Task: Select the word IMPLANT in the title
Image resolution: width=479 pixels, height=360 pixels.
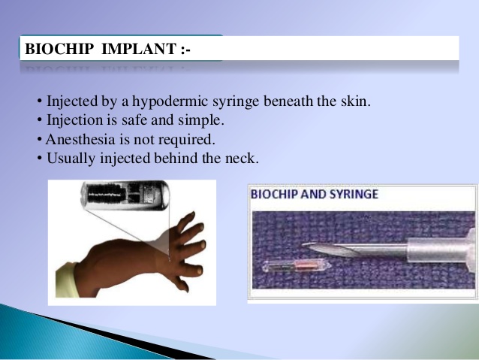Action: tap(135, 50)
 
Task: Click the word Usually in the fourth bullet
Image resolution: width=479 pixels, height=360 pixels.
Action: tap(69, 159)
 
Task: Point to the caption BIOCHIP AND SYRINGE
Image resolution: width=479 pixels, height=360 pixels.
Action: tap(314, 194)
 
